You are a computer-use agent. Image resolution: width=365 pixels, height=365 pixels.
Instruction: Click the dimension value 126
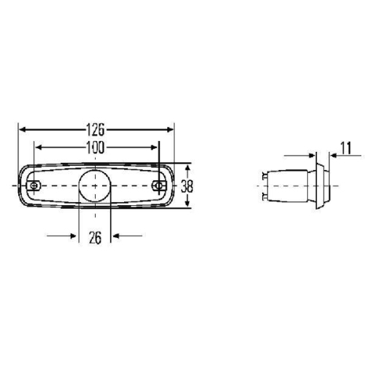coord(96,130)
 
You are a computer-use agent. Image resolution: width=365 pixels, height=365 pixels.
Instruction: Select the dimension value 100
coord(96,147)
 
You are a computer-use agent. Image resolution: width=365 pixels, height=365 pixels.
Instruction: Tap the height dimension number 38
coord(188,186)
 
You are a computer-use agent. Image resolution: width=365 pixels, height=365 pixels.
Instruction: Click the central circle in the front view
coord(93,186)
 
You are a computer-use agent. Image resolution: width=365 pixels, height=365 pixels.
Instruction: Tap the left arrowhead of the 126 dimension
coord(23,130)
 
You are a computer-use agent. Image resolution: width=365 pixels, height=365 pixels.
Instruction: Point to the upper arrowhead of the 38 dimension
coord(187,167)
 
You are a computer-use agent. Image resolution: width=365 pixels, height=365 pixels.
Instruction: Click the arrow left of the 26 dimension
coord(72,236)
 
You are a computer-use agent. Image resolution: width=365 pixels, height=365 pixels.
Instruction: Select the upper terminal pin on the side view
coord(263,175)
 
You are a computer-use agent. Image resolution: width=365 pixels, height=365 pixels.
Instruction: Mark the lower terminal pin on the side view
coord(263,196)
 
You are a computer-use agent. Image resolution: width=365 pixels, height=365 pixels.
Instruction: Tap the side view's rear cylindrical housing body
coord(288,186)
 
